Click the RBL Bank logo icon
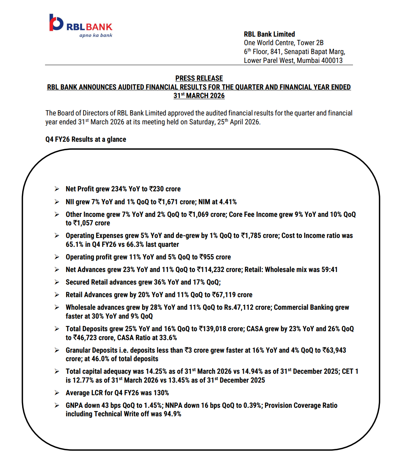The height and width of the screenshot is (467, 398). (x=56, y=23)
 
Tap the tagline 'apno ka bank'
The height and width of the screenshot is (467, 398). (x=96, y=36)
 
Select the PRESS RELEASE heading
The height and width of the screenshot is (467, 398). (x=199, y=78)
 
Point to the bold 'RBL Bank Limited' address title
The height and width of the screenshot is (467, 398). (x=269, y=34)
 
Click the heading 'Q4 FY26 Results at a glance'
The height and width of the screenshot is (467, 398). (x=86, y=139)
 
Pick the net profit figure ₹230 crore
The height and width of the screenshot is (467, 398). (x=165, y=189)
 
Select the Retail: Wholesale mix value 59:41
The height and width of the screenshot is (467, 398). (x=329, y=269)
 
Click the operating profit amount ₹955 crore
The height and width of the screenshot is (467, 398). (x=215, y=257)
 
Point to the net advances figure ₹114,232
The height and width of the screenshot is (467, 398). (x=215, y=269)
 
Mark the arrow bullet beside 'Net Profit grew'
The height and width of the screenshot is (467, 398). (x=57, y=189)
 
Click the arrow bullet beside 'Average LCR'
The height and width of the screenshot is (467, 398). (x=57, y=393)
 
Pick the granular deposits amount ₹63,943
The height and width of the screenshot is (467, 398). (x=334, y=350)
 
